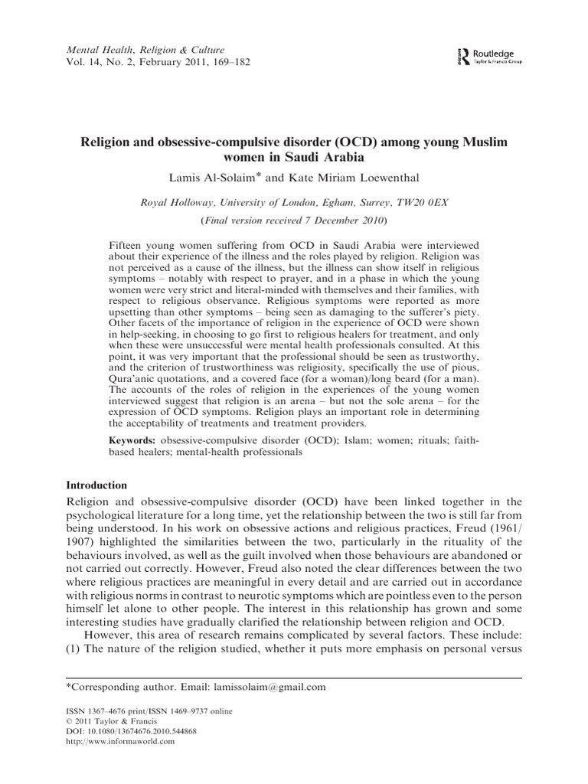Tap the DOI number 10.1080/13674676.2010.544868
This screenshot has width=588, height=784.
[x=142, y=731]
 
